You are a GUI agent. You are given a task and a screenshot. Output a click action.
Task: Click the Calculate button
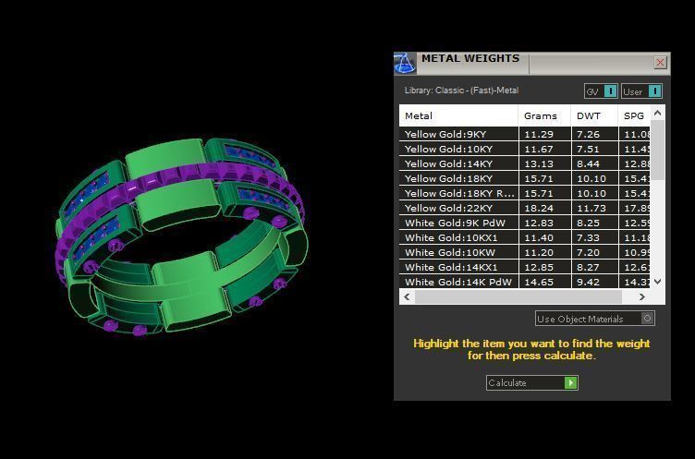531,382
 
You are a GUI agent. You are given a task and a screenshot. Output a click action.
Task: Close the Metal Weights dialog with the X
660,62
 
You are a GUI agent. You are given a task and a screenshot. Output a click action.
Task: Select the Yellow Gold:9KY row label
445,134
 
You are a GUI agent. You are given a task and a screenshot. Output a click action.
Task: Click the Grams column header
541,115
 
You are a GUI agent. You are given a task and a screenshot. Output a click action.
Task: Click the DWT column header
588,115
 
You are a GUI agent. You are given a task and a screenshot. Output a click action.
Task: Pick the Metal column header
419,115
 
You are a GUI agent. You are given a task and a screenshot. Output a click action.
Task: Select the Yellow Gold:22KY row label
448,208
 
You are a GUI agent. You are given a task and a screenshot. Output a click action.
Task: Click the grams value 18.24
538,208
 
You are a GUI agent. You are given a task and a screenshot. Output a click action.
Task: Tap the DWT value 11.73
589,208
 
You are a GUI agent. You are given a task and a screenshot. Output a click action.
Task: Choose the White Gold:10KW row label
449,252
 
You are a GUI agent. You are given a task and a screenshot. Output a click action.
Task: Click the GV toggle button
601,91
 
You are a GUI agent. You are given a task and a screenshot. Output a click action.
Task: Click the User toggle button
641,91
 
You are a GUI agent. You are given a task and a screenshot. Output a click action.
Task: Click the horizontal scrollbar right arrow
642,296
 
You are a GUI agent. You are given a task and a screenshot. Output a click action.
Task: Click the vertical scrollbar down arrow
657,282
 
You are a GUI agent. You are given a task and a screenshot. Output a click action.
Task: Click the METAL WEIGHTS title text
469,59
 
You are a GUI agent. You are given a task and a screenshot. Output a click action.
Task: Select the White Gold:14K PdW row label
457,282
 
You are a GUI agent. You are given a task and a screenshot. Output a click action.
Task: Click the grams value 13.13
538,163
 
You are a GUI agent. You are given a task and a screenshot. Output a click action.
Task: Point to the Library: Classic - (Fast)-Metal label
461,91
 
